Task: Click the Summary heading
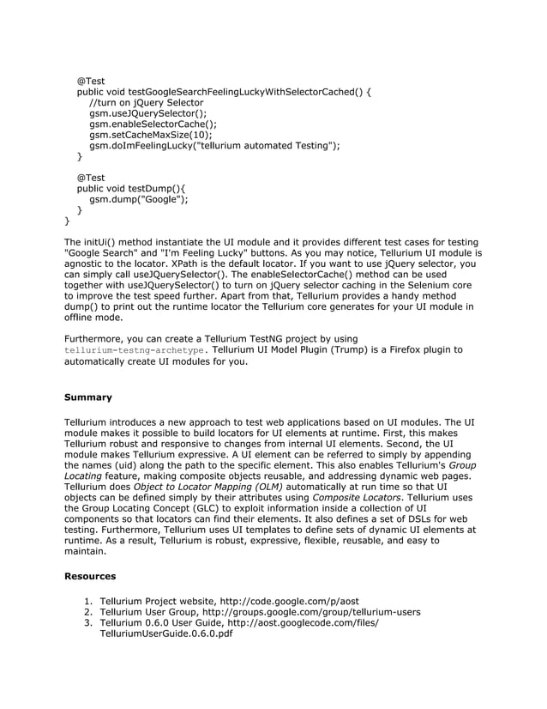pos(88,397)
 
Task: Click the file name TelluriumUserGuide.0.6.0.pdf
pos(165,634)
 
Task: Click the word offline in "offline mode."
pos(81,317)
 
